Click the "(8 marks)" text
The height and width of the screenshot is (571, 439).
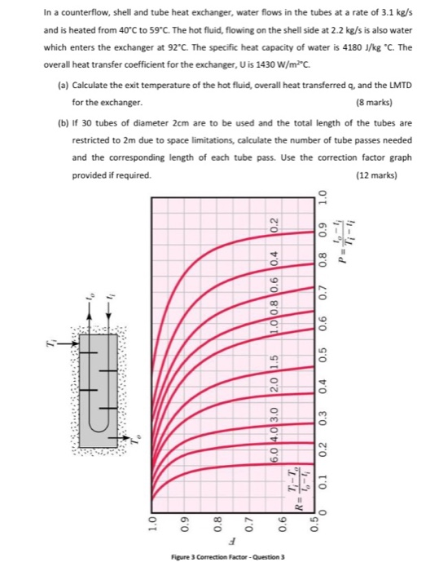(x=393, y=104)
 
